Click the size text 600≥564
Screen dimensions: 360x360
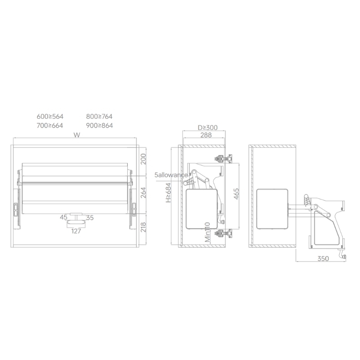tap(50, 117)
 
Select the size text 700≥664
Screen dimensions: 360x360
tap(50, 126)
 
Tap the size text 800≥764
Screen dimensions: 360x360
tap(99, 117)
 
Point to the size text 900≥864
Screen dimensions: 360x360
tap(99, 126)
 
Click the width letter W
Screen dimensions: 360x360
tap(77, 135)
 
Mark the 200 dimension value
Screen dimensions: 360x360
tap(143, 159)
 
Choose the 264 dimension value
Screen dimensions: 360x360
tap(143, 193)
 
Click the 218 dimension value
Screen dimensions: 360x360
tap(143, 227)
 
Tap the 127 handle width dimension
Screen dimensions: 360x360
tap(76, 231)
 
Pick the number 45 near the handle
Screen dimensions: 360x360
tap(63, 217)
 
